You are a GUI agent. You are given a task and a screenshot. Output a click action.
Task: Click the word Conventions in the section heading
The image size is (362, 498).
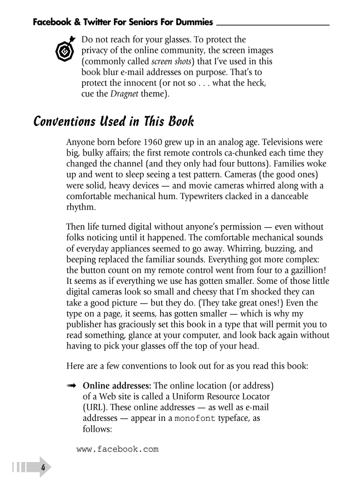pyautogui.click(x=64, y=121)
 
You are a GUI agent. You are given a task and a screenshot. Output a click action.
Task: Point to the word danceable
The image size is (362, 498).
pyautogui.click(x=286, y=196)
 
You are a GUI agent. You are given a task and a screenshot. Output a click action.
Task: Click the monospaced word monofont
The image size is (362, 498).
pyautogui.click(x=195, y=418)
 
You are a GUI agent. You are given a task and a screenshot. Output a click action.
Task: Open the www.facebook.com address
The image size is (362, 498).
pyautogui.click(x=117, y=449)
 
